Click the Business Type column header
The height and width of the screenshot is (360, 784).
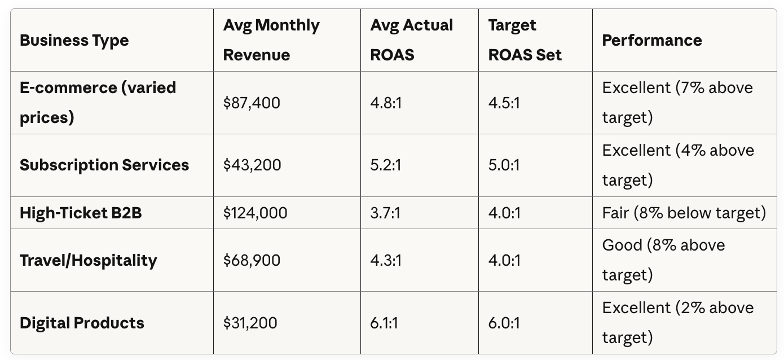(74, 40)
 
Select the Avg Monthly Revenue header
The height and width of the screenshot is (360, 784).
(271, 40)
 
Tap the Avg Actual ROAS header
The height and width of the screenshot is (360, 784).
(412, 40)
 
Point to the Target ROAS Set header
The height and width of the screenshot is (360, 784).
(525, 40)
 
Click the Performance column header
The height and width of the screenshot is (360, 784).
(652, 40)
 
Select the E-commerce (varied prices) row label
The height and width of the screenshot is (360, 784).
(98, 102)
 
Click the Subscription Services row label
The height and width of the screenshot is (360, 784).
(104, 165)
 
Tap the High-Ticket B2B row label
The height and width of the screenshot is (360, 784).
(81, 213)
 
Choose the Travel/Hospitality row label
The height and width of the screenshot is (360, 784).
(89, 261)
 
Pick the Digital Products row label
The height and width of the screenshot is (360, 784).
(82, 323)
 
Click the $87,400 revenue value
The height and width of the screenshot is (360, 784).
(252, 103)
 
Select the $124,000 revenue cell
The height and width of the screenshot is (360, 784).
(255, 213)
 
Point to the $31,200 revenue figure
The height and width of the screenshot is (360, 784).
(250, 323)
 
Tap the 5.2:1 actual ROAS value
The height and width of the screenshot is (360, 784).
(386, 165)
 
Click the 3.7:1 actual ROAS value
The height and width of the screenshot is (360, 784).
(385, 213)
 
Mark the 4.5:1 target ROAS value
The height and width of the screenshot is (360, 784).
(504, 103)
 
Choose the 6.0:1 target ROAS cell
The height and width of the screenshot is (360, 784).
(504, 323)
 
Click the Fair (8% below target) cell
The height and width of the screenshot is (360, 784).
(684, 213)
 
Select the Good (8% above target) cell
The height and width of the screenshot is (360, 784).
(664, 260)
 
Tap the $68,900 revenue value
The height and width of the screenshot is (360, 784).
(252, 261)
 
